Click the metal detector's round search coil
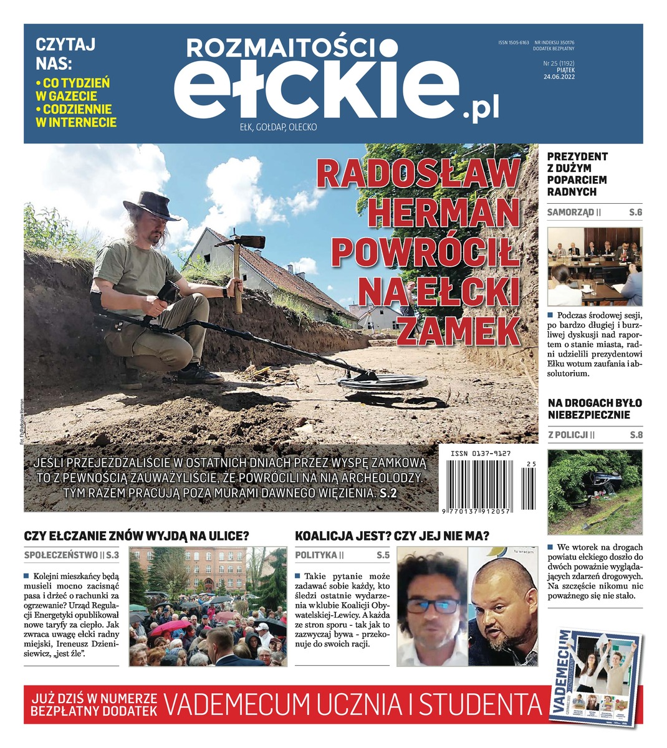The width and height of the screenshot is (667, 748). click(x=381, y=383)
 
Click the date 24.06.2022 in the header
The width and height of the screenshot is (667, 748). click(x=559, y=78)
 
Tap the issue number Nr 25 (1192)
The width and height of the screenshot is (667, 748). click(x=558, y=63)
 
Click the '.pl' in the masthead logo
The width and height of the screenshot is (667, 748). click(x=481, y=110)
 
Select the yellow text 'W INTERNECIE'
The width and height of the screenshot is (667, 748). click(x=77, y=122)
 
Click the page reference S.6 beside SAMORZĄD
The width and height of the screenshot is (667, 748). click(x=635, y=213)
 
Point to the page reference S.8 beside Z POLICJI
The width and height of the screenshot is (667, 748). click(x=635, y=434)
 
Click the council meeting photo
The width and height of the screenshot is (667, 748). click(x=594, y=266)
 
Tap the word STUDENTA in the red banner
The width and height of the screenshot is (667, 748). click(x=479, y=705)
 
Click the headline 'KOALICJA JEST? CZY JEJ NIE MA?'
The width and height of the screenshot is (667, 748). click(x=392, y=536)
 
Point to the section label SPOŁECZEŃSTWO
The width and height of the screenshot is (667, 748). click(x=60, y=555)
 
